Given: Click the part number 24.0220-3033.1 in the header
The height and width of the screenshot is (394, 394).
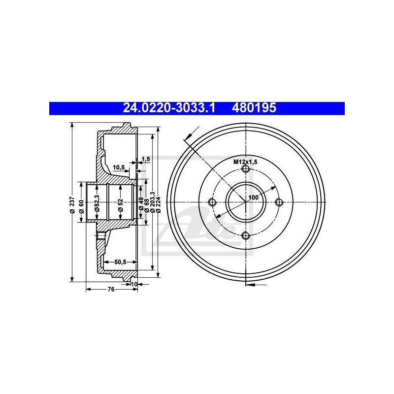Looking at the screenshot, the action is point(169,108).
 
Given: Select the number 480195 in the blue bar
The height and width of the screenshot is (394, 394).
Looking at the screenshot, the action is point(254,108).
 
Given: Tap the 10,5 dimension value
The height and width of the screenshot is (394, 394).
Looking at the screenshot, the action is point(119,167).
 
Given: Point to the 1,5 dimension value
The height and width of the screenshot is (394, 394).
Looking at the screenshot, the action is point(146,159).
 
